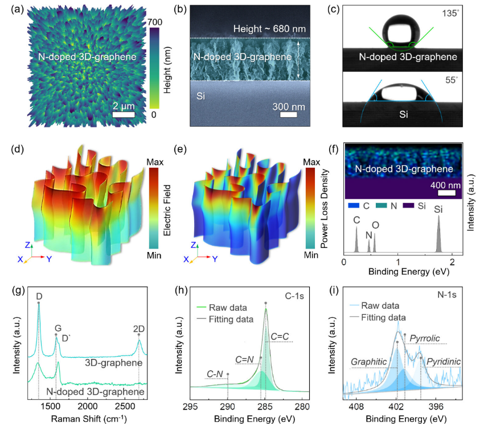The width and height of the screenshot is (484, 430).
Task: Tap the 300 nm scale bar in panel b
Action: click(x=288, y=114)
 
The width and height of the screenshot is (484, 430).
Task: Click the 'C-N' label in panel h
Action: click(x=215, y=374)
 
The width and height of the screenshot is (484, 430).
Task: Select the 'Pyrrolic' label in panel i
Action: click(x=425, y=338)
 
